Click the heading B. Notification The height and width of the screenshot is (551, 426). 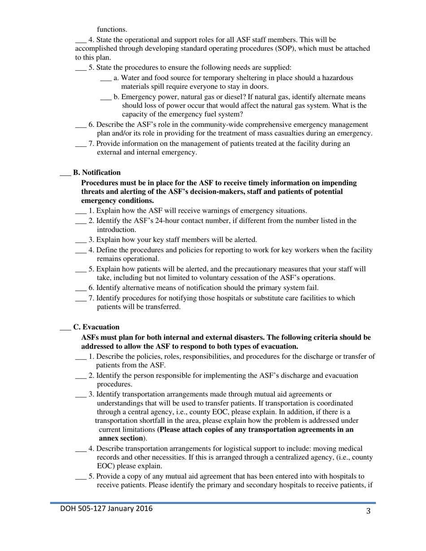[x=96, y=172]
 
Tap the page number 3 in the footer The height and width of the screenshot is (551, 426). [x=368, y=512]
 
